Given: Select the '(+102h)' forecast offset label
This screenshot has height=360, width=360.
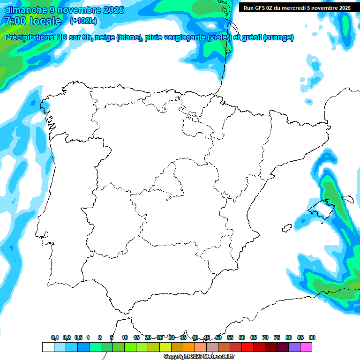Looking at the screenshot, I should [83, 21].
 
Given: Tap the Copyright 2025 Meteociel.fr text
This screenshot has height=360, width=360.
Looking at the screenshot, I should [199, 357].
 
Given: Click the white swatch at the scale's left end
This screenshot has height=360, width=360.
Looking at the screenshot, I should [48, 347].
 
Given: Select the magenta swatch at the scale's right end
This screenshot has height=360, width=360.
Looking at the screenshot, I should [306, 347].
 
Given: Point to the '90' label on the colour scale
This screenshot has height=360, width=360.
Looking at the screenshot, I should [312, 337].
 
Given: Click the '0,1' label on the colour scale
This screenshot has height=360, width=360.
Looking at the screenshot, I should [55, 337].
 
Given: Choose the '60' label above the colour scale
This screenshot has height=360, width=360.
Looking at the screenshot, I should [242, 337].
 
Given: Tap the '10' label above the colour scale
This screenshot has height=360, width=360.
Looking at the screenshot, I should [125, 337].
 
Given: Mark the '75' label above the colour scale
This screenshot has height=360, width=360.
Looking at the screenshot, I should [277, 337].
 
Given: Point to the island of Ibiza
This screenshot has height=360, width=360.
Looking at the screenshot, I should [286, 228].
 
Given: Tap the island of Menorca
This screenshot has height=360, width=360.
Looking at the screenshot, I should [347, 198].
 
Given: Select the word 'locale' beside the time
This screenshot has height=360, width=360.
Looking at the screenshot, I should [45, 21].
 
